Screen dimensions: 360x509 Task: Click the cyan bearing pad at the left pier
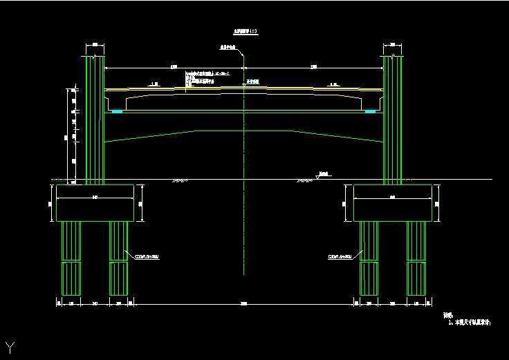[117, 111]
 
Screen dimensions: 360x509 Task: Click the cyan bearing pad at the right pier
[370, 111]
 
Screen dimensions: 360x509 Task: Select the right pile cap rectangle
[392, 203]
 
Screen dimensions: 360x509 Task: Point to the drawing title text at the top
[244, 32]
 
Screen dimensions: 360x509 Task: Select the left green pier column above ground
[94, 117]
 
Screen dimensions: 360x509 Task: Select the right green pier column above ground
[393, 117]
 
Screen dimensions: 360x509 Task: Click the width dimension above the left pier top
[95, 45]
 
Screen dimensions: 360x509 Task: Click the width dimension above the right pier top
[393, 45]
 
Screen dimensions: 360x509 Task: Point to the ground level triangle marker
[317, 177]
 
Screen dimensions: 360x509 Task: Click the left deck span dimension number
[173, 67]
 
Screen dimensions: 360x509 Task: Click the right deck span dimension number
[314, 67]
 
